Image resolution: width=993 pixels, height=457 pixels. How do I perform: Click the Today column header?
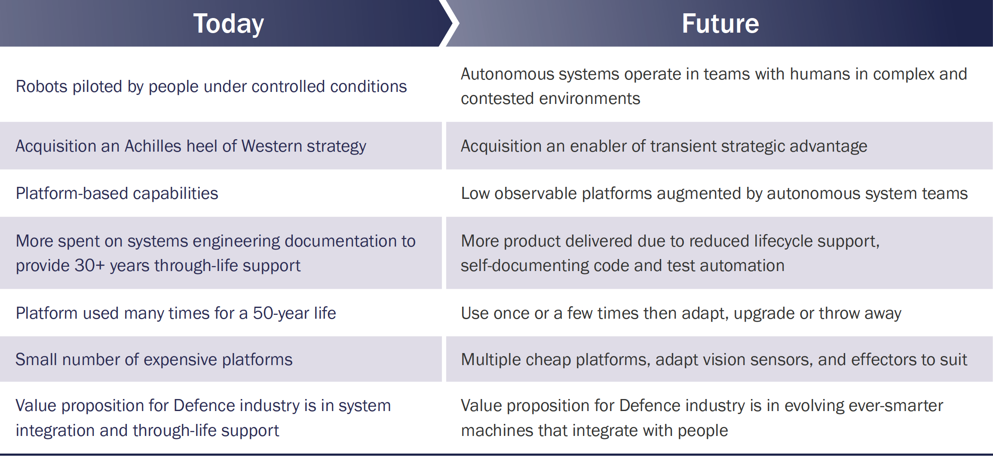point(228,24)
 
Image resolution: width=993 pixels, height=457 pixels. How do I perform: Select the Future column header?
point(720,23)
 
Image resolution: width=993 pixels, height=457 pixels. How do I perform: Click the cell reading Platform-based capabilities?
point(117,194)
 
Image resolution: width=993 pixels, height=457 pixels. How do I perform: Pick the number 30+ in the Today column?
point(90,265)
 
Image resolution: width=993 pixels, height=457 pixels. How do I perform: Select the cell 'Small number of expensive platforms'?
point(154,360)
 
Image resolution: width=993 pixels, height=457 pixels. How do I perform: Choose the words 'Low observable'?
point(519,194)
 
